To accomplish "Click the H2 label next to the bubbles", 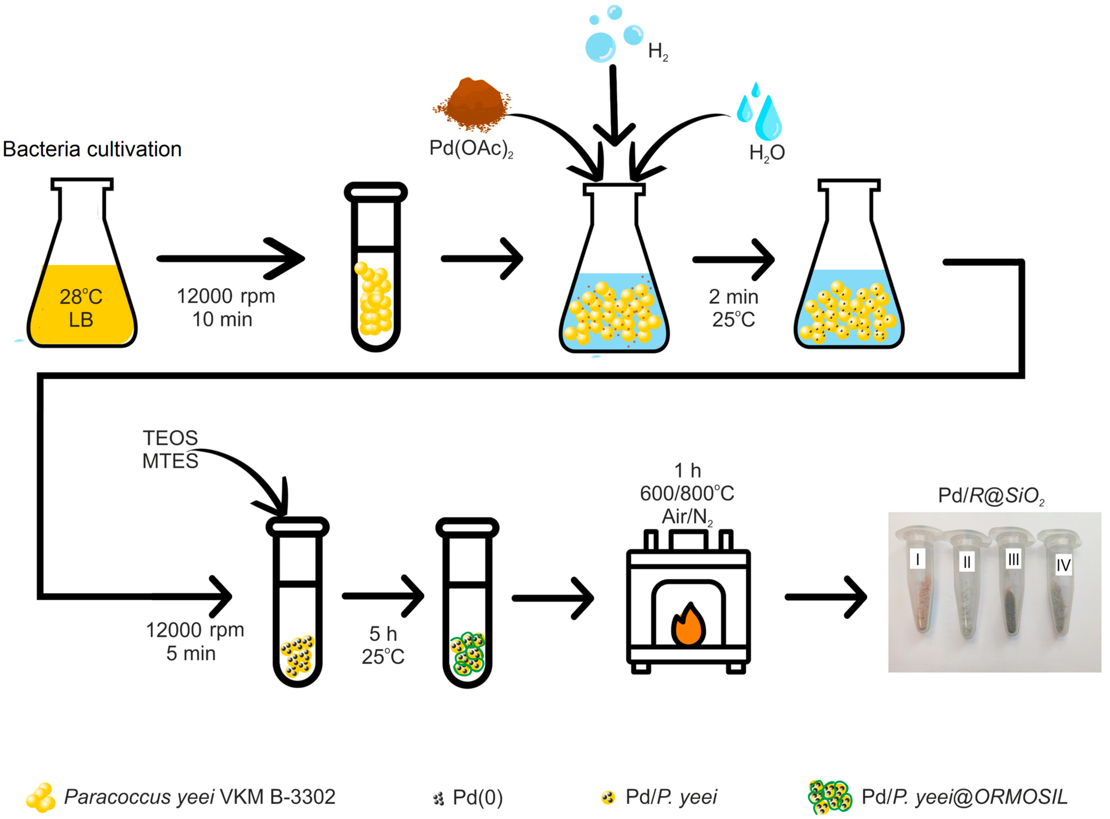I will (x=657, y=51).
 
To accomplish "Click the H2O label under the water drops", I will (x=767, y=153).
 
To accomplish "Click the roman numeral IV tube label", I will (x=1063, y=565).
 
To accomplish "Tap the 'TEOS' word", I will (x=170, y=438).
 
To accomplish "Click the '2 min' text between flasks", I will (x=733, y=297).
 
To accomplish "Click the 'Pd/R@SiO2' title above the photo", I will (x=991, y=496).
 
